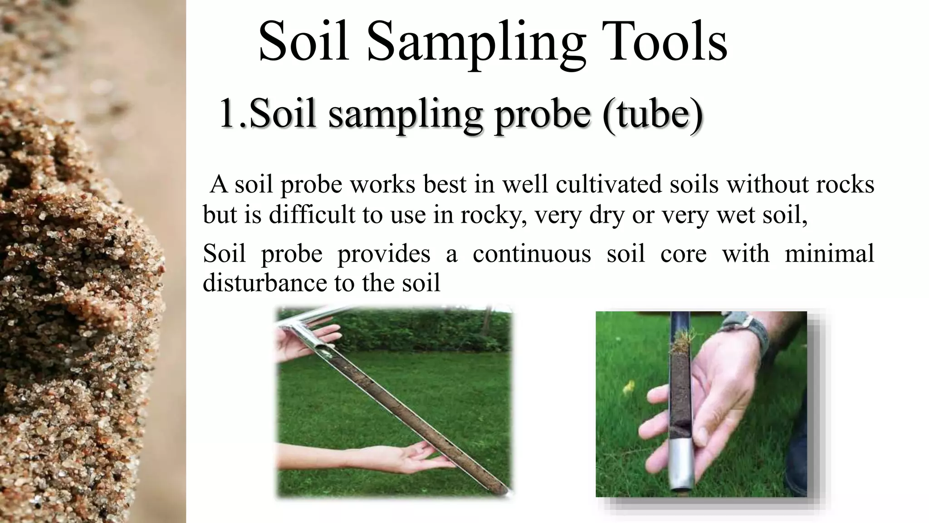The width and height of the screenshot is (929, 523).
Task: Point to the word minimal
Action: click(x=829, y=253)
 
